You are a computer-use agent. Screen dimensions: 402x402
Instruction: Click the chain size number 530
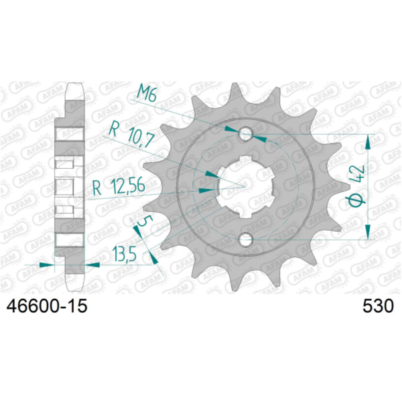click(x=378, y=306)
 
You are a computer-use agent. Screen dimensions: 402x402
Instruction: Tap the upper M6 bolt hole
click(x=246, y=133)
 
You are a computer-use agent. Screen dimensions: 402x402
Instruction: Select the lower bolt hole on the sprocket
click(x=246, y=239)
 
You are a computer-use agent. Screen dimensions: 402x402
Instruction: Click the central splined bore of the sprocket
click(x=245, y=187)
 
